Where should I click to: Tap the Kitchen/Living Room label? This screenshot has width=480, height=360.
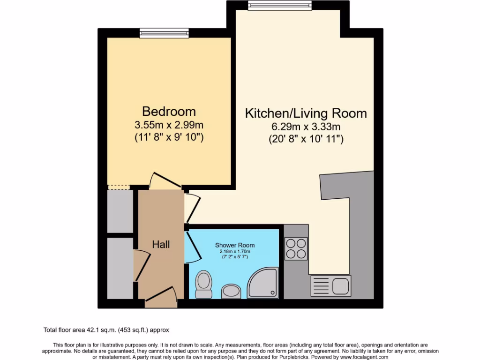click(x=306, y=113)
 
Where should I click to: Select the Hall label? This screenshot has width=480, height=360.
click(x=161, y=244)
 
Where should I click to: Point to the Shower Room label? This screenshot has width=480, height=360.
click(x=235, y=245)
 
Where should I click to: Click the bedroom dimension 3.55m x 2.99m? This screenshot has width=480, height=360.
click(x=169, y=125)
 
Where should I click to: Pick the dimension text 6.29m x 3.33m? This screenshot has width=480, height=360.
click(x=306, y=127)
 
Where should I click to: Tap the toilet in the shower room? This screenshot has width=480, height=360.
click(x=203, y=284)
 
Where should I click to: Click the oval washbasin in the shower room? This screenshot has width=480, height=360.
click(x=230, y=291)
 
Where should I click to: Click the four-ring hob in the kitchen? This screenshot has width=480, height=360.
click(x=296, y=248)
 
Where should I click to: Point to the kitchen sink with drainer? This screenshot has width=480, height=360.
click(x=330, y=285)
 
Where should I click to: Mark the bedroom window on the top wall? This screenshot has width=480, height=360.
click(x=164, y=33)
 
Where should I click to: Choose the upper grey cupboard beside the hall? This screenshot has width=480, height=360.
click(x=120, y=211)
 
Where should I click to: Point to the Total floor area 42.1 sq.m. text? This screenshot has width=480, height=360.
click(x=109, y=330)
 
